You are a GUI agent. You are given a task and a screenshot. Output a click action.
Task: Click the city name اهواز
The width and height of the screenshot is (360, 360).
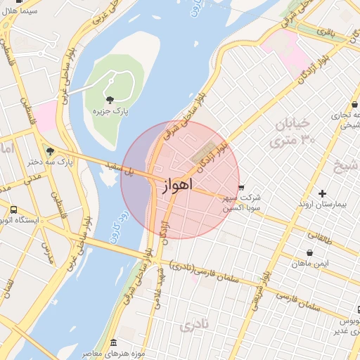pos(172,186)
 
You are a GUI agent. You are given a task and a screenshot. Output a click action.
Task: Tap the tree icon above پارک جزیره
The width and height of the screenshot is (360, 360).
pos(110,98)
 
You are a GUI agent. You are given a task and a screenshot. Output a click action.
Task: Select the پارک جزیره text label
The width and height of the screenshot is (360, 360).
pos(110,111)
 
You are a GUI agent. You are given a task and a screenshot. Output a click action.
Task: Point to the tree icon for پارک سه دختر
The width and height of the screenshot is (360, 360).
pos(49,150)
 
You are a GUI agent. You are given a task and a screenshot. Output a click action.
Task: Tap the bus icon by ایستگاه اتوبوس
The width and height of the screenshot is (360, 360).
pos(14,210)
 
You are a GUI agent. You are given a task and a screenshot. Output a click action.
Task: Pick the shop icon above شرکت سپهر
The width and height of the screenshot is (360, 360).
pos(241,188)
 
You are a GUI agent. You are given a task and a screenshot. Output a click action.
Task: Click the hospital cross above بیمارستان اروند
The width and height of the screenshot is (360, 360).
pos(322,193)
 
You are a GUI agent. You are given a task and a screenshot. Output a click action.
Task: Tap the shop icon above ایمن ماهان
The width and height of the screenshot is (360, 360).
pos(309,252)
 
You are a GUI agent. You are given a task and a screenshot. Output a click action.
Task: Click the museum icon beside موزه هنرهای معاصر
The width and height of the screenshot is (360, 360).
pos(114,342)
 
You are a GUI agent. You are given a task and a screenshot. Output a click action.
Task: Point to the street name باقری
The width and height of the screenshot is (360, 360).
pos(325,31)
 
